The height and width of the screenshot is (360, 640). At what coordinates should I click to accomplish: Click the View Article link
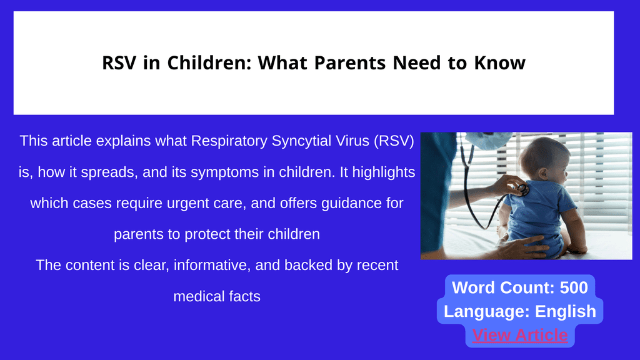coord(519,335)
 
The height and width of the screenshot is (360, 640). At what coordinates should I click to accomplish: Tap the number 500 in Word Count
coord(574,287)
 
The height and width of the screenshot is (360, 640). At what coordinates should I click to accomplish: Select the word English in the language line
coord(565,311)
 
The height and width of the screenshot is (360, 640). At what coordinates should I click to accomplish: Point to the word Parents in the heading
coord(350,63)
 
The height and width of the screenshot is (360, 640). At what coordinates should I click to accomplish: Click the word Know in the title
coord(499,63)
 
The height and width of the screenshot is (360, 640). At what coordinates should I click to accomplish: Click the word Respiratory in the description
coord(229,141)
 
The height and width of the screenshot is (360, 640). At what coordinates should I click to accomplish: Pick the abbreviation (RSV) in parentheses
coord(394,141)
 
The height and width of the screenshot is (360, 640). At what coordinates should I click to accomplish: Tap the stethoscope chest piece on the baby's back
coord(522,189)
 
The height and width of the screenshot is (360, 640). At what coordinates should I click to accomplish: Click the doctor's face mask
coord(488,139)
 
